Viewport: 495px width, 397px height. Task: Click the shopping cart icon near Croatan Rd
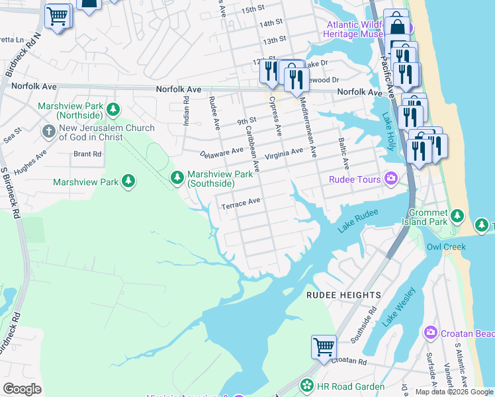point(324,347)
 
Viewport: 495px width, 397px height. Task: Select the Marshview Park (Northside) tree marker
point(114,108)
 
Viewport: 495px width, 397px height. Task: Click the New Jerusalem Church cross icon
point(48,131)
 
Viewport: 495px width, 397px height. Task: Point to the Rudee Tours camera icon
point(391,179)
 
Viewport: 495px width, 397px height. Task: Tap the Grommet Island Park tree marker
point(457,216)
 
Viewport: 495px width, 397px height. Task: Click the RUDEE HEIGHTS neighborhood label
point(343,294)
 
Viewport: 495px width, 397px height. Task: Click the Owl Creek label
point(443,247)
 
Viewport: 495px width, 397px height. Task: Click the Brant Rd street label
point(87,154)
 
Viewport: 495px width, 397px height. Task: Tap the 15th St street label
point(252,10)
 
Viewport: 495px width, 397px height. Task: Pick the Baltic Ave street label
point(343,152)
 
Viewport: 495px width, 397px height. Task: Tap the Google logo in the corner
point(22,388)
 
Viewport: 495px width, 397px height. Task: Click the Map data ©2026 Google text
point(453,392)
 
